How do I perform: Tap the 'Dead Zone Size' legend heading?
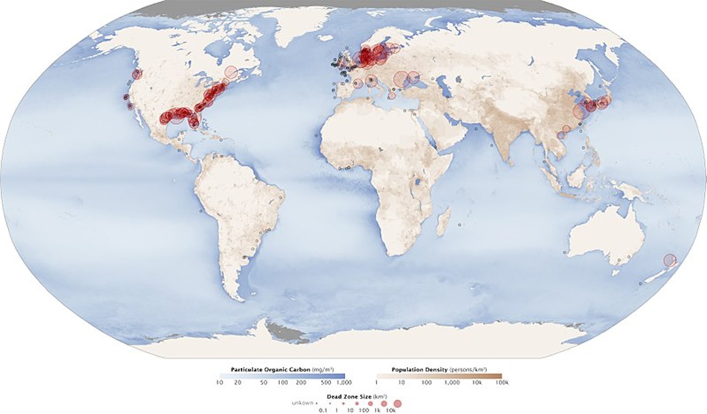click(361, 397)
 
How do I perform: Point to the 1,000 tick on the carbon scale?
click(344, 382)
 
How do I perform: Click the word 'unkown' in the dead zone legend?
click(303, 404)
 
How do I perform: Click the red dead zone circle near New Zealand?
click(670, 260)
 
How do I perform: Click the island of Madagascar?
click(443, 222)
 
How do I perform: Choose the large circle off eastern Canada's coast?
click(231, 72)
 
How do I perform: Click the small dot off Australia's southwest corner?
click(566, 252)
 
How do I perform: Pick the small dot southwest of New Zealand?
click(641, 283)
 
